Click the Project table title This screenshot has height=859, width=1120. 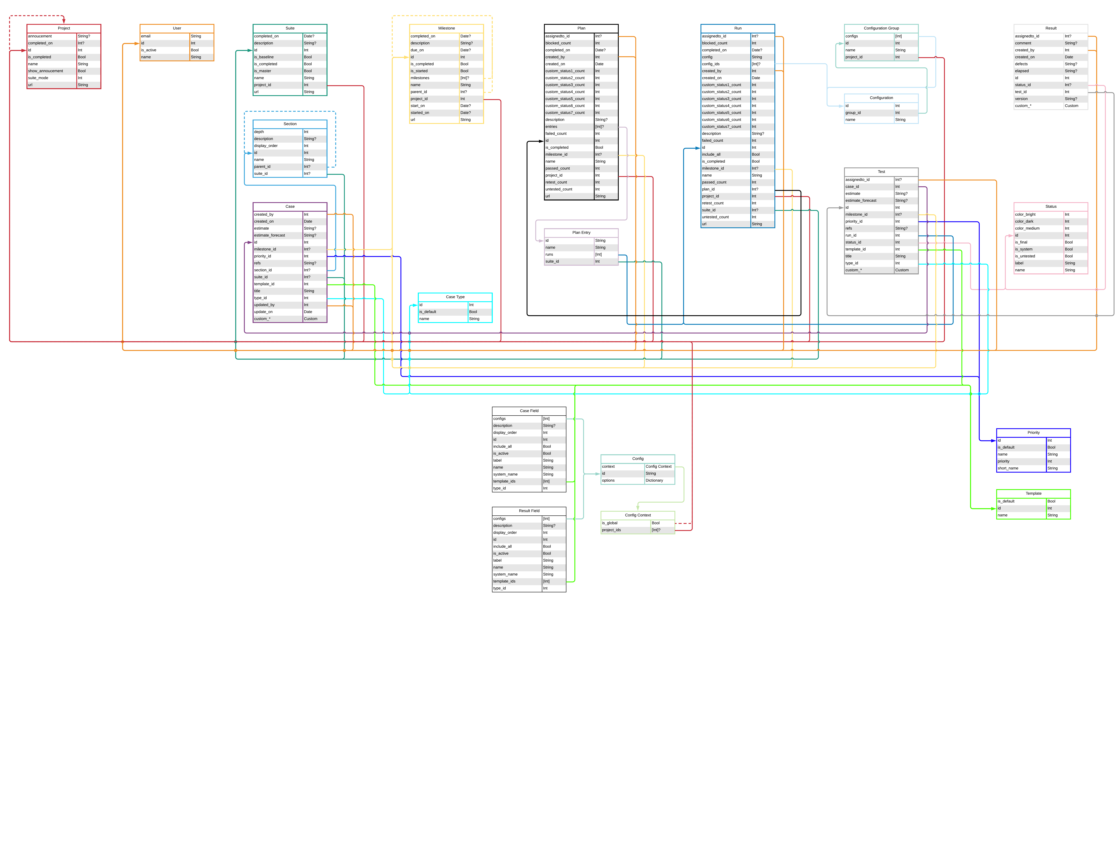pos(64,28)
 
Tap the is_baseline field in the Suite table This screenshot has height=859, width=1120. pos(264,57)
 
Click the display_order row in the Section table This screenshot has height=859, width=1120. pos(266,146)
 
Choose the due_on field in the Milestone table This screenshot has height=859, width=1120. pos(417,50)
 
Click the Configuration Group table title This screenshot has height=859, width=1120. pos(881,28)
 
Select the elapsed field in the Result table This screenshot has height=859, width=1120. pos(1022,71)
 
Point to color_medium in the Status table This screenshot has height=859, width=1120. pos(1027,229)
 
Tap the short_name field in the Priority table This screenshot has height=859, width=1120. pos(1007,468)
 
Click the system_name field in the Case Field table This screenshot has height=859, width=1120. pos(505,474)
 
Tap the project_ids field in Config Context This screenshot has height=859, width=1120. pos(611,530)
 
